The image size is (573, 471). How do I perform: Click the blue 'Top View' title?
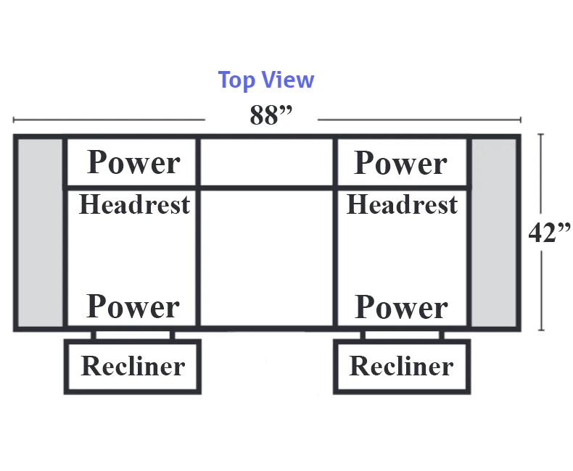[266, 80]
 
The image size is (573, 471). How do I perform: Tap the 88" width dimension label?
[271, 114]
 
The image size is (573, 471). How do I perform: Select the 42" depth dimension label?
[549, 232]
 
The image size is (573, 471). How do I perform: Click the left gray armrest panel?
[40, 233]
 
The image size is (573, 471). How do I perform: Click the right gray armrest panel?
[494, 233]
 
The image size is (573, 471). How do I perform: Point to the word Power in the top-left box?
[133, 162]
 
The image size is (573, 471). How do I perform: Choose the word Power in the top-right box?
[400, 163]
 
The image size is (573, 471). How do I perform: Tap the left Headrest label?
[134, 204]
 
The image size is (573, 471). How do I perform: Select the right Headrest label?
[402, 204]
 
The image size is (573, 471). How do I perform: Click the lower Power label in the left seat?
[133, 306]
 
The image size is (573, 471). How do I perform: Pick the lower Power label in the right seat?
[401, 307]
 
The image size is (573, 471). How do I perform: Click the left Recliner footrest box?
[133, 367]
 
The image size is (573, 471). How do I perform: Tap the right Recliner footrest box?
[402, 367]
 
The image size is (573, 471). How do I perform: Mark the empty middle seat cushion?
[267, 258]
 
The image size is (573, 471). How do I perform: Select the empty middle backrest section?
[267, 162]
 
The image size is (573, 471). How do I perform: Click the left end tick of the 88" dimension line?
[14, 120]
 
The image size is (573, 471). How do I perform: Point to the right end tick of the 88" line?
[520, 120]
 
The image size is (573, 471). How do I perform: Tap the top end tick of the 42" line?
[541, 135]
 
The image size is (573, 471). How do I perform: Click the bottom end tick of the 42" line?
[541, 330]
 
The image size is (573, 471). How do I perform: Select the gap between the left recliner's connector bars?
[133, 335]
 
